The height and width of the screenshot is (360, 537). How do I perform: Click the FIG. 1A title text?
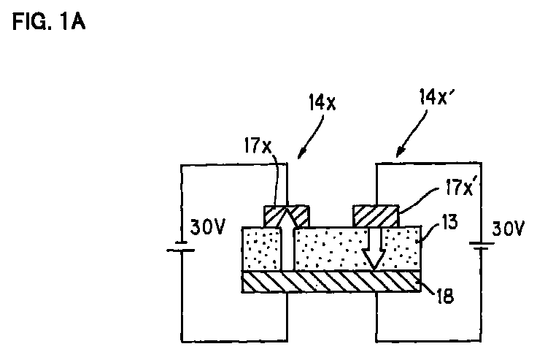coord(49,22)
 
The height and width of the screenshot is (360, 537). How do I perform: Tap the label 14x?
coord(322,102)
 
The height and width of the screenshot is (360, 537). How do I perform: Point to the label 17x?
coord(258,146)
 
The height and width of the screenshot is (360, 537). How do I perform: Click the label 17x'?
coord(460,187)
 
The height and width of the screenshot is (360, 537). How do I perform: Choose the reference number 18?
coord(445,296)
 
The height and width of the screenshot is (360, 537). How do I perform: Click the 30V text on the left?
coord(207,226)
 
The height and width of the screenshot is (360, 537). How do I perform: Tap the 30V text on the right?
coord(508,229)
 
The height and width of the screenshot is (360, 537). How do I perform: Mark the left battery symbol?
coord(181,247)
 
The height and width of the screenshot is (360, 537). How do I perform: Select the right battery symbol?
coord(482,246)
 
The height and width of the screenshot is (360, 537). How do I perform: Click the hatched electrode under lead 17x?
coord(287,216)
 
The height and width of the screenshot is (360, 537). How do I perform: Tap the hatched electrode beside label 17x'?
coord(376,216)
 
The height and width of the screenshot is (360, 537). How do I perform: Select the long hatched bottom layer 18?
coord(331,282)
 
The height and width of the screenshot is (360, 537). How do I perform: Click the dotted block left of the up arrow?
coord(262,249)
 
